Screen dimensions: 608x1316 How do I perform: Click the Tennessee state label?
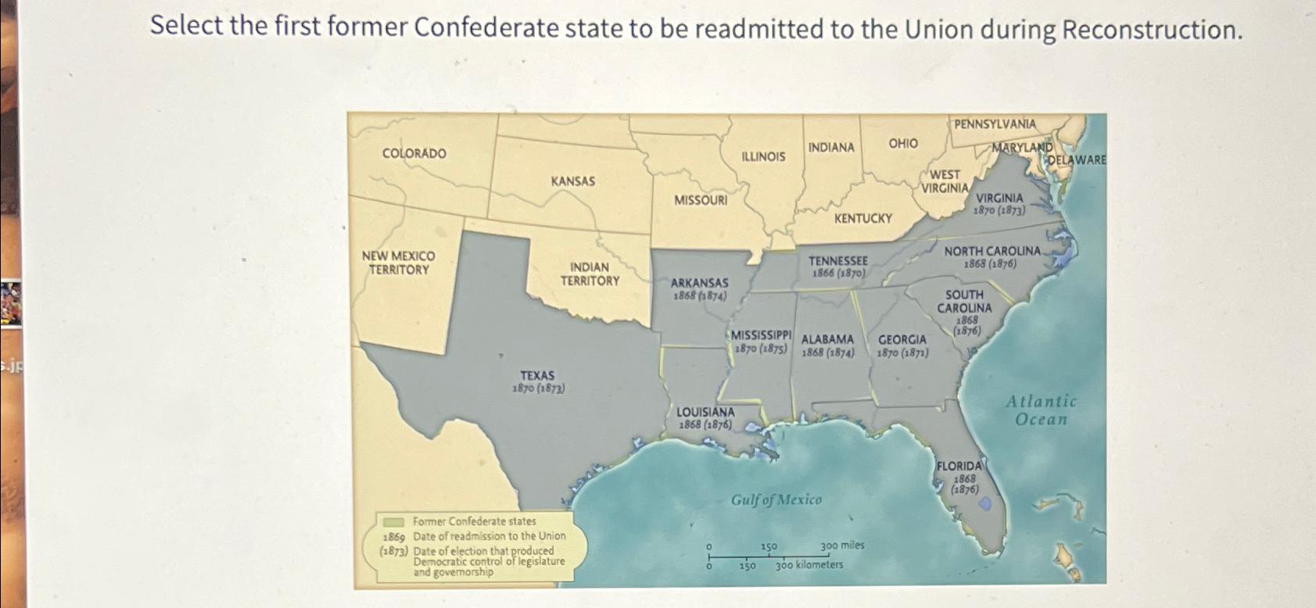837,261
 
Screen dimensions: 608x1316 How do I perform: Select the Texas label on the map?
537,376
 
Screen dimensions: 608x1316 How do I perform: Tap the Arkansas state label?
699,283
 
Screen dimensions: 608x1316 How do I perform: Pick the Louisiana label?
705,412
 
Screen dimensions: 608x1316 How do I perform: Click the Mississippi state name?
762,335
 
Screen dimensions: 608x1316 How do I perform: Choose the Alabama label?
827,340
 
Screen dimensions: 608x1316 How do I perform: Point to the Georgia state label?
902,340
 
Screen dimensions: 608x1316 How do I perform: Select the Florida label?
959,466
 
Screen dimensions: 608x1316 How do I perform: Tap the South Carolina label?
964,302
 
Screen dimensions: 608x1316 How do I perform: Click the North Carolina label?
991,252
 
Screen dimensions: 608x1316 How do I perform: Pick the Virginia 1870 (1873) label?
999,204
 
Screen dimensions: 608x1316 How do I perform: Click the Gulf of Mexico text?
776,499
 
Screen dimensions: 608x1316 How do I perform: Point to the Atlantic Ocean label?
1041,410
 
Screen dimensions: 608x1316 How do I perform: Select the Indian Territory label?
590,274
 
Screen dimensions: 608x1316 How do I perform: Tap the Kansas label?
572,181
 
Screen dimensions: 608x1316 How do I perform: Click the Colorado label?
414,154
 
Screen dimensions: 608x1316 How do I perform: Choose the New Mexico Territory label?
398,263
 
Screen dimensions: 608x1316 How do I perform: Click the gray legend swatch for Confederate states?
393,521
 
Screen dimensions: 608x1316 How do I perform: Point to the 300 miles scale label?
842,545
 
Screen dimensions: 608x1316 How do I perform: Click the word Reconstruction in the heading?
1149,30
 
